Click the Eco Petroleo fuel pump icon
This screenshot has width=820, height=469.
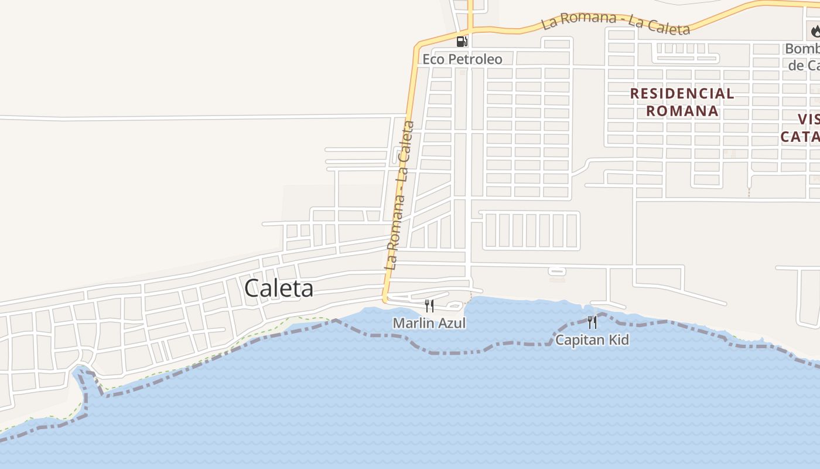pyautogui.click(x=462, y=42)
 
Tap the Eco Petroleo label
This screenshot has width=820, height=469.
pyautogui.click(x=462, y=59)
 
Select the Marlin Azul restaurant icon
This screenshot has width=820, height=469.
pyautogui.click(x=429, y=305)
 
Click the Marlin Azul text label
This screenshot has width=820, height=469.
pyautogui.click(x=429, y=323)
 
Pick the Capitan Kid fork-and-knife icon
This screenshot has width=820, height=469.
pyautogui.click(x=592, y=322)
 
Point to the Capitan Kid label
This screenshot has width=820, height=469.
pyautogui.click(x=592, y=339)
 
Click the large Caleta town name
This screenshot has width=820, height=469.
pyautogui.click(x=279, y=288)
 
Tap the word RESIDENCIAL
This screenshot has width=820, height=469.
pyautogui.click(x=682, y=93)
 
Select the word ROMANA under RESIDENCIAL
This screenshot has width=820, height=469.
pyautogui.click(x=682, y=110)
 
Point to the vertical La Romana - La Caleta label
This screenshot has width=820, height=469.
pyautogui.click(x=399, y=195)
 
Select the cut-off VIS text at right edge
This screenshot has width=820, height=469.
pyautogui.click(x=809, y=119)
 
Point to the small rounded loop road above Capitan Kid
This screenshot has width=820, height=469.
pyautogui.click(x=557, y=271)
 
